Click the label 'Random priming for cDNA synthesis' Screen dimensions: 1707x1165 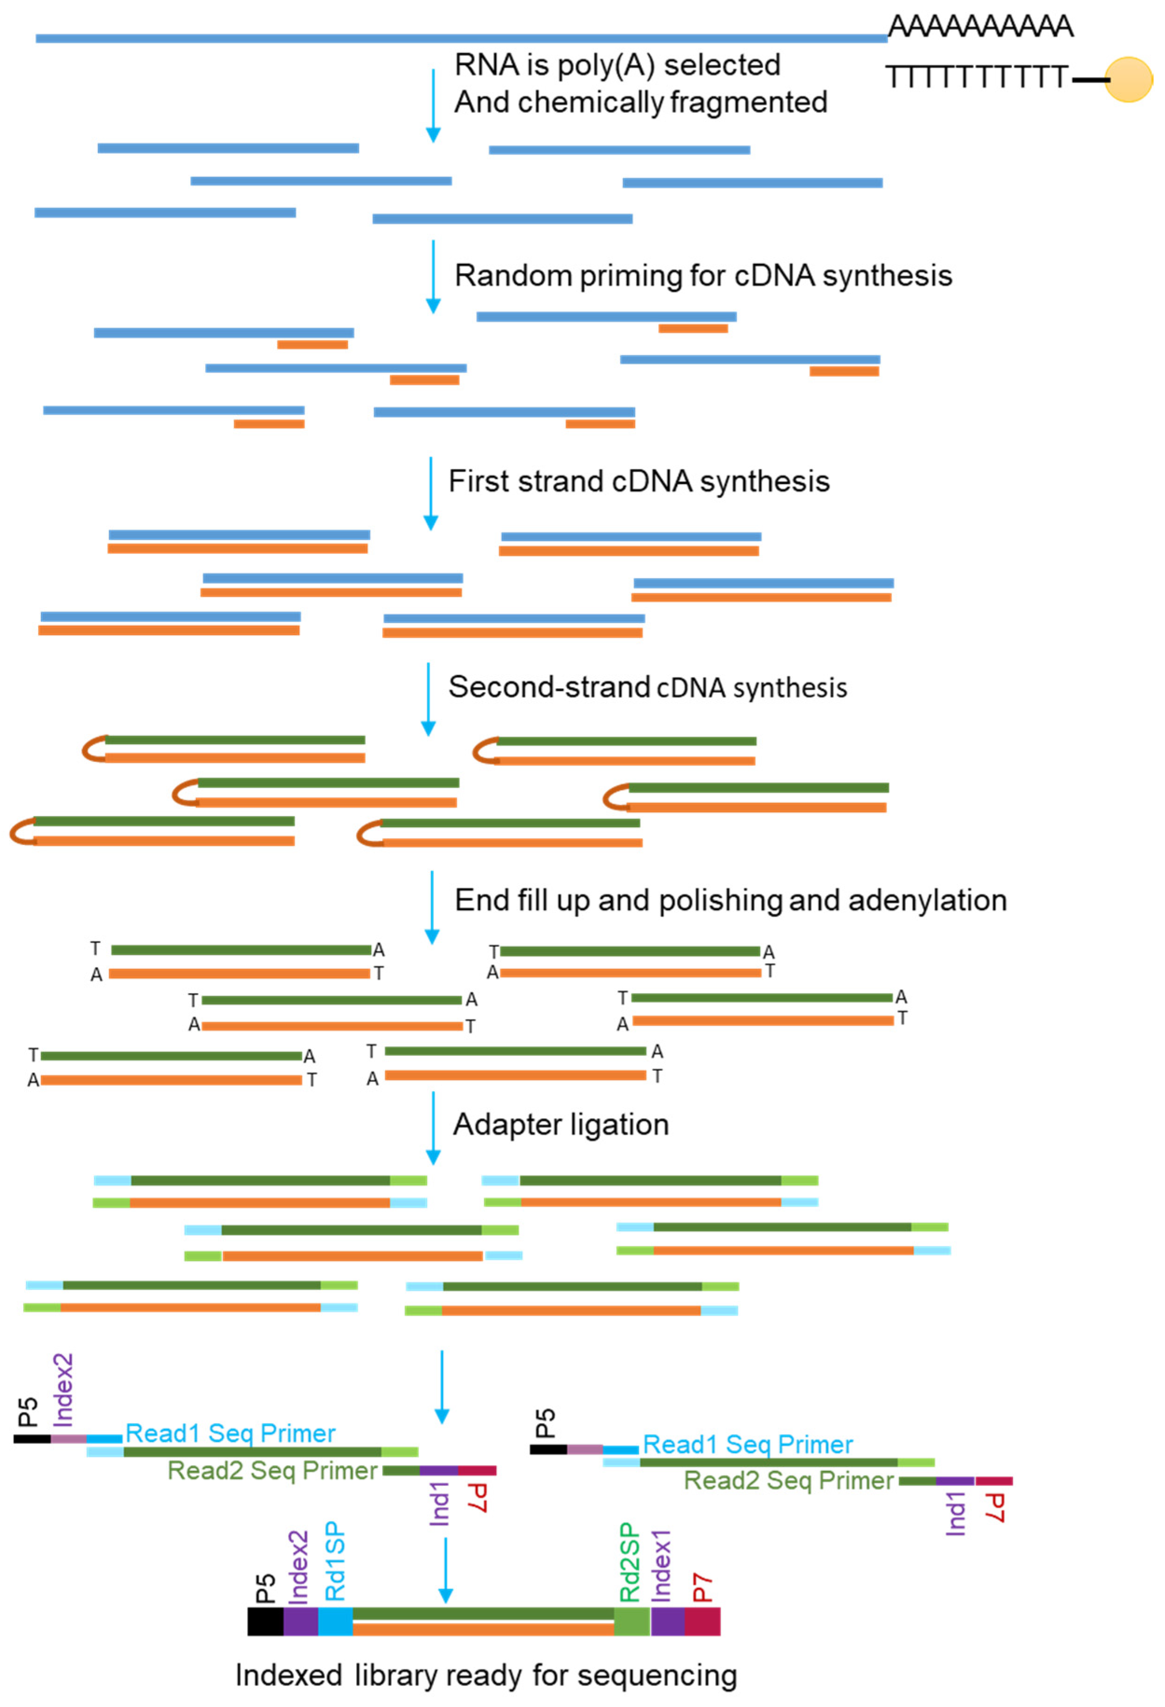pos(703,276)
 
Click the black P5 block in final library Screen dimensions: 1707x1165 pos(265,1622)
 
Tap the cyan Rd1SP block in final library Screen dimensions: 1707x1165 pos(335,1622)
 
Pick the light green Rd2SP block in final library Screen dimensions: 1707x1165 pos(632,1622)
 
